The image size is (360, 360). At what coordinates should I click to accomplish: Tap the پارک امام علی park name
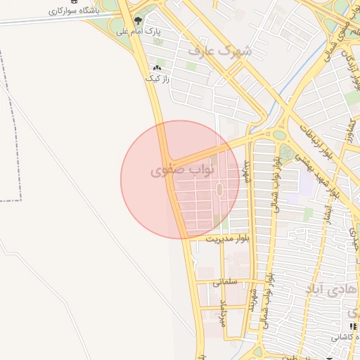coord(157,31)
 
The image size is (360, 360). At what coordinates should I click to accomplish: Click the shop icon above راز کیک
coord(157,68)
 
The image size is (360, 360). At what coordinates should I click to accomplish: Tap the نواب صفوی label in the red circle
coord(170,170)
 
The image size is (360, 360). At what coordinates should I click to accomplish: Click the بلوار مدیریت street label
coord(227,239)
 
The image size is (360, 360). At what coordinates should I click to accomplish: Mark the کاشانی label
coord(344,337)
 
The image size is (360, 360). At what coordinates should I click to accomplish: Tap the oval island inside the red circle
coord(219,190)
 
